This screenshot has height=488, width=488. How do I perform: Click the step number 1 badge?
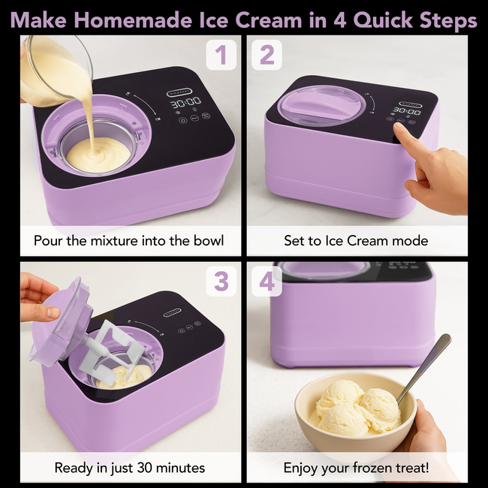coord(221,55)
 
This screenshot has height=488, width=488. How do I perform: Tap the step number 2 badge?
coord(267,55)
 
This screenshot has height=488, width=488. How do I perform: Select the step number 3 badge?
coord(221,281)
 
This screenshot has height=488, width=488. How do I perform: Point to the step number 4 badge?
coord(267,281)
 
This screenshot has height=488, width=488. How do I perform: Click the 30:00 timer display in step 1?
coord(185,103)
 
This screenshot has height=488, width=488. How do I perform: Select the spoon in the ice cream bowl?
coord(423,368)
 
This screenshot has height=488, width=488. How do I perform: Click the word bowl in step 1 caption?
coord(208,241)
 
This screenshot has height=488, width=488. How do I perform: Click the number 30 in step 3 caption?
coord(146,468)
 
